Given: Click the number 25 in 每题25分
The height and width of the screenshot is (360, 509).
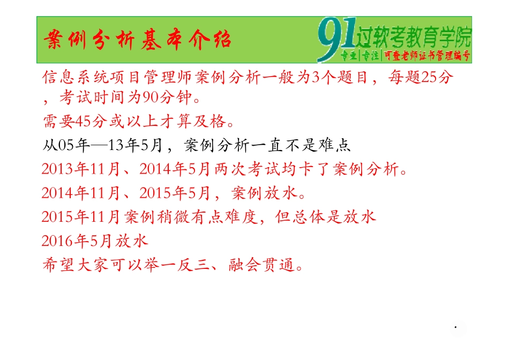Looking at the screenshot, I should click(430, 78).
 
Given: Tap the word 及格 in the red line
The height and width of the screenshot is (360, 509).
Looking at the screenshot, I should click(212, 122).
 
